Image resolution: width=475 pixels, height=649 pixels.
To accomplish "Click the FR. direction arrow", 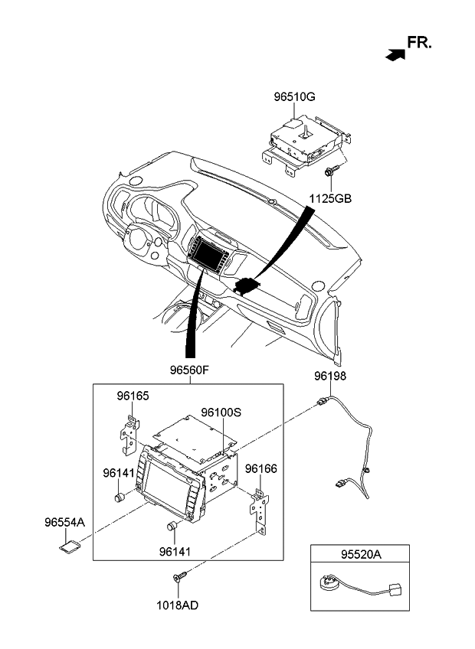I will (x=395, y=54).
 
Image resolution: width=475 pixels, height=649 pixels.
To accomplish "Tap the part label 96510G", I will (x=295, y=96).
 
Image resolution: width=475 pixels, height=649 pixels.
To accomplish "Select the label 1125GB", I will (x=330, y=198).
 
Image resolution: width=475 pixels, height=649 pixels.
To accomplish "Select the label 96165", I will (x=133, y=396).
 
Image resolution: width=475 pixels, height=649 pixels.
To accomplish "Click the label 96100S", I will (x=221, y=411).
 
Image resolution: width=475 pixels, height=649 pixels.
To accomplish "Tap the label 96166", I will (x=260, y=468).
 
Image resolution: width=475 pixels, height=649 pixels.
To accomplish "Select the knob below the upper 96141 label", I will (x=120, y=496).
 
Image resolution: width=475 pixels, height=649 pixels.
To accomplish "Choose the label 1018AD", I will (x=179, y=605).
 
